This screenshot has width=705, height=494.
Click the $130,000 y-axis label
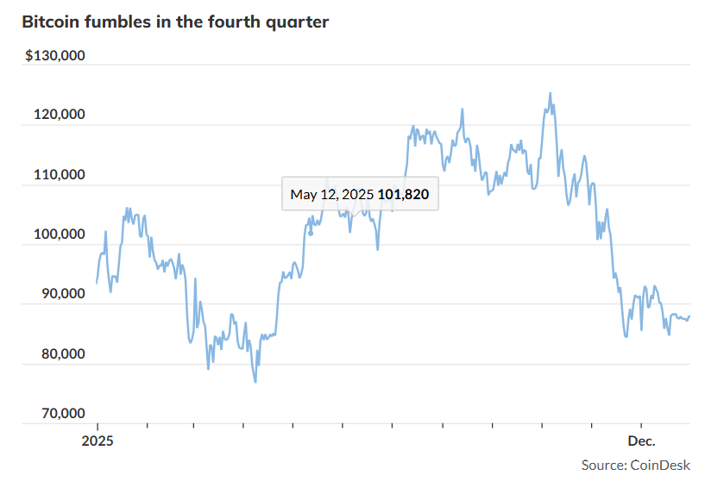[x=55, y=56]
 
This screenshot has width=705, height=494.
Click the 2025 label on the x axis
[x=97, y=441]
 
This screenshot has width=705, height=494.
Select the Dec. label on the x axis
[x=641, y=441]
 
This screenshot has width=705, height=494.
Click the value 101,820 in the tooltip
[x=403, y=195]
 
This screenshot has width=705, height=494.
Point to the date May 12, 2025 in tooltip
[x=332, y=195]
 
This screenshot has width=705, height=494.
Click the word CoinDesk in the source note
[x=661, y=466]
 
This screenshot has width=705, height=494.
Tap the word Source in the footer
[x=603, y=466]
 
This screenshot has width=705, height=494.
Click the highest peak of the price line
[x=550, y=93]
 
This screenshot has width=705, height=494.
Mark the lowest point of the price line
[x=255, y=382]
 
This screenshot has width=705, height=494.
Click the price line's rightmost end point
[x=689, y=316]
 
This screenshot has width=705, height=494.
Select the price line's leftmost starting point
[x=97, y=283]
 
